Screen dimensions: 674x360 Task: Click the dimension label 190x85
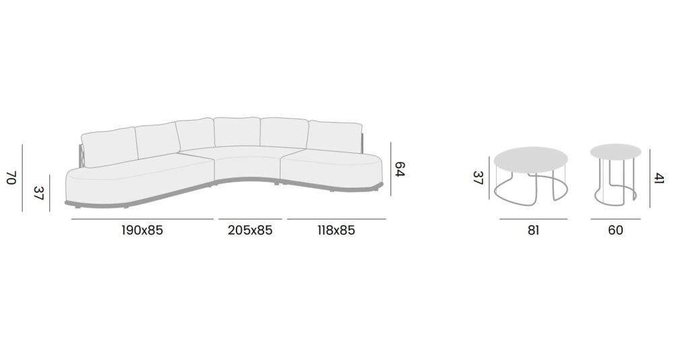(x=142, y=231)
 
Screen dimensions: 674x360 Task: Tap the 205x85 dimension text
(x=250, y=231)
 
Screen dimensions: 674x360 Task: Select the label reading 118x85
(x=336, y=231)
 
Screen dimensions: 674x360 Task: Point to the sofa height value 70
(x=11, y=177)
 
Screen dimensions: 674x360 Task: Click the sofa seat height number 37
(x=38, y=193)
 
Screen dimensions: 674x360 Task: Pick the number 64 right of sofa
(x=400, y=169)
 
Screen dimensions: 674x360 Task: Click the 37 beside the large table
(x=478, y=177)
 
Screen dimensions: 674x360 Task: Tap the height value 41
(x=659, y=178)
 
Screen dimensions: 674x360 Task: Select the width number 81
(x=533, y=231)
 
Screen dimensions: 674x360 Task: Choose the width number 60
(x=615, y=231)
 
